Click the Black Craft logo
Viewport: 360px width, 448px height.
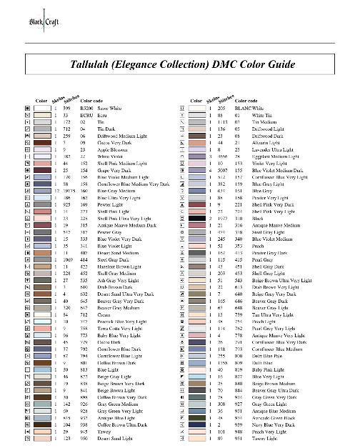point(24,19)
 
